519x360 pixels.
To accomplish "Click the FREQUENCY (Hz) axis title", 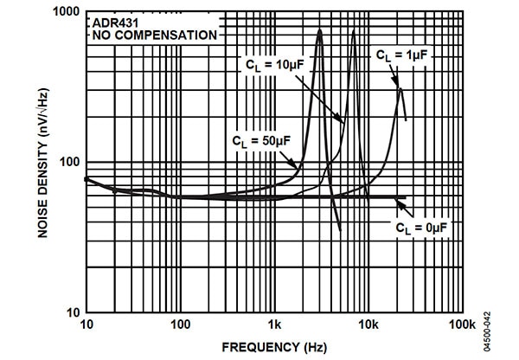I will (x=274, y=347).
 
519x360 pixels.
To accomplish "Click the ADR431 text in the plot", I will (x=112, y=23).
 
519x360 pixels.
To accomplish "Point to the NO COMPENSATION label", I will (x=151, y=35).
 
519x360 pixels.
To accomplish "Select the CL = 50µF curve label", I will (x=263, y=138).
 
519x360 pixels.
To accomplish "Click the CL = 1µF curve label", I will (x=402, y=55).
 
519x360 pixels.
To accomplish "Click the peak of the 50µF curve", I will (x=320, y=31).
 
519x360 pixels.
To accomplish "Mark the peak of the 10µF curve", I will (x=353, y=32).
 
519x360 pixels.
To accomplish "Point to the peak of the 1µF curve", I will (x=400, y=88).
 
